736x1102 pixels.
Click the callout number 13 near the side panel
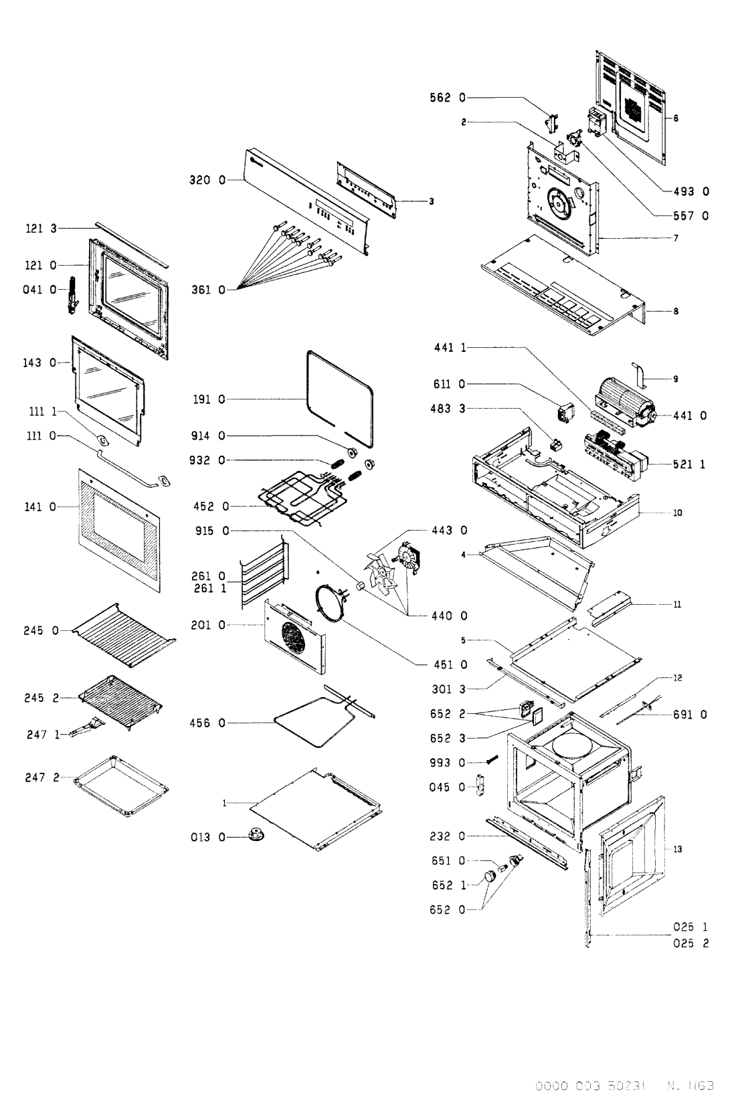(x=677, y=849)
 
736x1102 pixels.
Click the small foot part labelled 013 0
(x=254, y=835)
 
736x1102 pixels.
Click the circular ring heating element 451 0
(x=330, y=604)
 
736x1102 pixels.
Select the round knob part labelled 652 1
(x=491, y=877)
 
